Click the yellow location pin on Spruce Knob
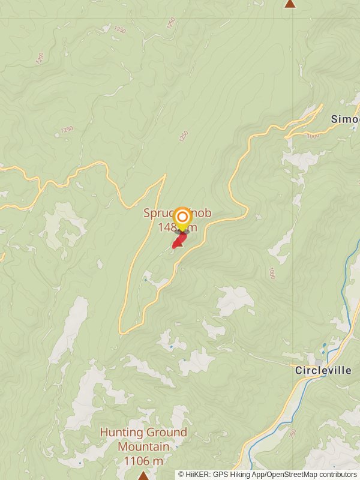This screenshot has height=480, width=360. coord(182,217)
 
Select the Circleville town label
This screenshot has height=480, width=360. coord(323,371)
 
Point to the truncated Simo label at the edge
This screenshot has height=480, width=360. coord(344,119)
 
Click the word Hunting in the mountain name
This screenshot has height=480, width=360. coord(121,432)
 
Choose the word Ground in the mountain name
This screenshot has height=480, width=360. coord(165,432)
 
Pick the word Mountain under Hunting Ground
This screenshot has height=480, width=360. coord(143,446)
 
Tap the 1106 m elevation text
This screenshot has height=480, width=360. coord(143,461)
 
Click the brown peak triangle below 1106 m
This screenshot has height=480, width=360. coord(143,475)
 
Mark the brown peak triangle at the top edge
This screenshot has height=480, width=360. coord(290,4)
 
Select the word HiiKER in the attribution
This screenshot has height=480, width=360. coord(198,475)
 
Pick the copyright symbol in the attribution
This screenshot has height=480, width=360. coord(181,475)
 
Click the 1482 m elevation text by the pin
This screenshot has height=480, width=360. coord(177,227)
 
